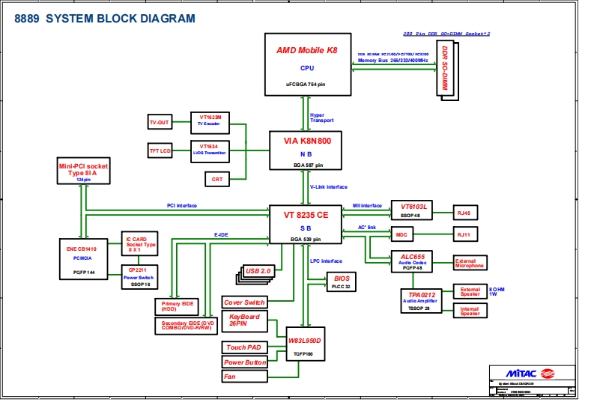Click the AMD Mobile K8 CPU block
(307, 64)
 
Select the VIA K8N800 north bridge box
(306, 150)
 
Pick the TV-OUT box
(160, 122)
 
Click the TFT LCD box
(160, 151)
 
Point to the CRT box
(217, 179)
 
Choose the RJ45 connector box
(464, 213)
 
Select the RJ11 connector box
(464, 235)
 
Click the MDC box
(401, 235)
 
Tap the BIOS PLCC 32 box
(342, 281)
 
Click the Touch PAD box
(245, 347)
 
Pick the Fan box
(245, 377)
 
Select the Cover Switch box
(244, 302)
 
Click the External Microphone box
(470, 264)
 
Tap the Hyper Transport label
(322, 118)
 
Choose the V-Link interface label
(329, 187)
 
